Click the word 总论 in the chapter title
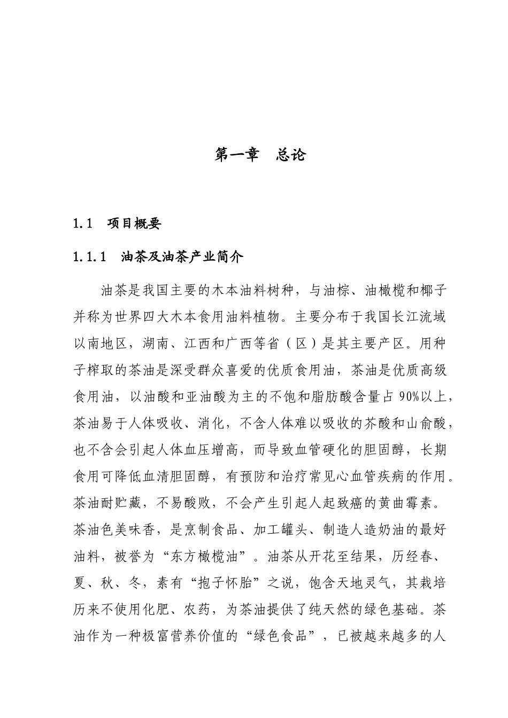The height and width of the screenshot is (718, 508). pyautogui.click(x=291, y=155)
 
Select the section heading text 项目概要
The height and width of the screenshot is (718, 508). pyautogui.click(x=134, y=224)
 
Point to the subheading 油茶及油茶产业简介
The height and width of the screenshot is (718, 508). pyautogui.click(x=182, y=257)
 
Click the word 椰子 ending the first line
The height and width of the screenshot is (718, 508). pyautogui.click(x=433, y=291)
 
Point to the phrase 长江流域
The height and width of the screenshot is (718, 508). pyautogui.click(x=418, y=317)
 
